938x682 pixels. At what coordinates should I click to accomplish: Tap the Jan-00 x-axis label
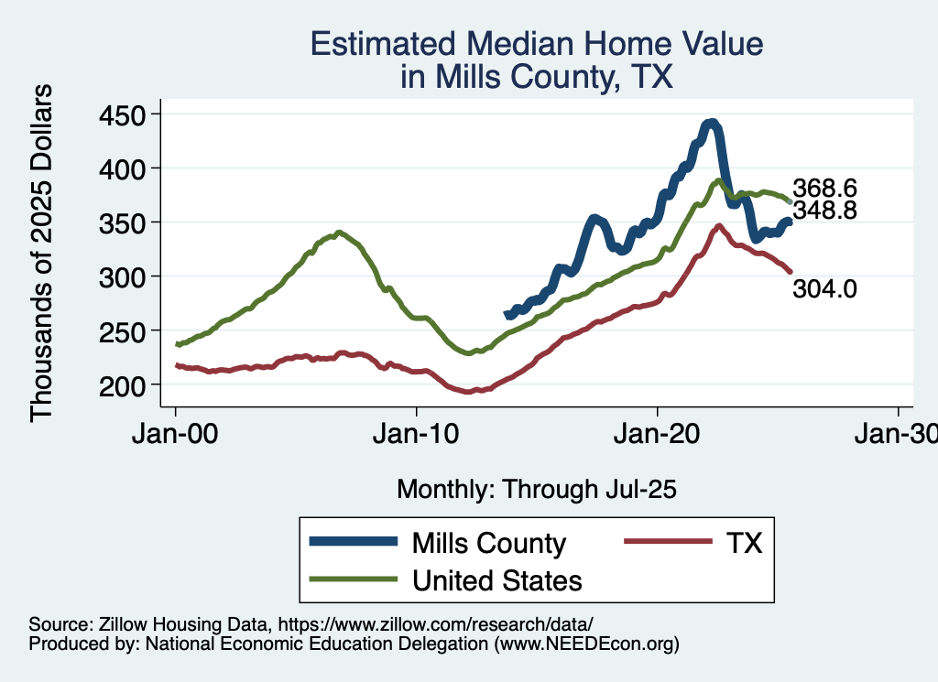(x=176, y=433)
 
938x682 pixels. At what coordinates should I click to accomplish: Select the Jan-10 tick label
(x=417, y=433)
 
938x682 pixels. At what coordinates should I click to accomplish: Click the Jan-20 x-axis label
(x=658, y=433)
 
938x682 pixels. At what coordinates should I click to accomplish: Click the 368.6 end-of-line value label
(x=824, y=188)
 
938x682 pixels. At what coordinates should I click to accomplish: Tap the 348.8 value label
(x=824, y=211)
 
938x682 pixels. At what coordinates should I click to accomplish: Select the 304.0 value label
(x=824, y=290)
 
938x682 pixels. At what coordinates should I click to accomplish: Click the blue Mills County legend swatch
(x=354, y=543)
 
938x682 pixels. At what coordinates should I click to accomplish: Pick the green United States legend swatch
(x=354, y=579)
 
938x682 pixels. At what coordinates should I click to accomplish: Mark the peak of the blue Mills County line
(x=711, y=123)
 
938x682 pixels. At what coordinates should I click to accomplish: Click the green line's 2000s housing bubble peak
(x=339, y=233)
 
